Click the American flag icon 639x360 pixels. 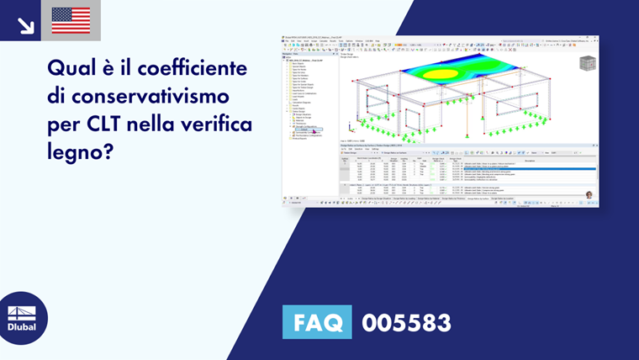coord(71,20)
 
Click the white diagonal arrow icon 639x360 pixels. coord(25,25)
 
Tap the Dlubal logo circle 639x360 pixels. coord(24,318)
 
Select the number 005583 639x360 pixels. coord(406,323)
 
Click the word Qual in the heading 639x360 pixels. coord(71,66)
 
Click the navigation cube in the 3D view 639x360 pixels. coord(587,64)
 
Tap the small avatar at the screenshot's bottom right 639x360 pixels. coord(589,195)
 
